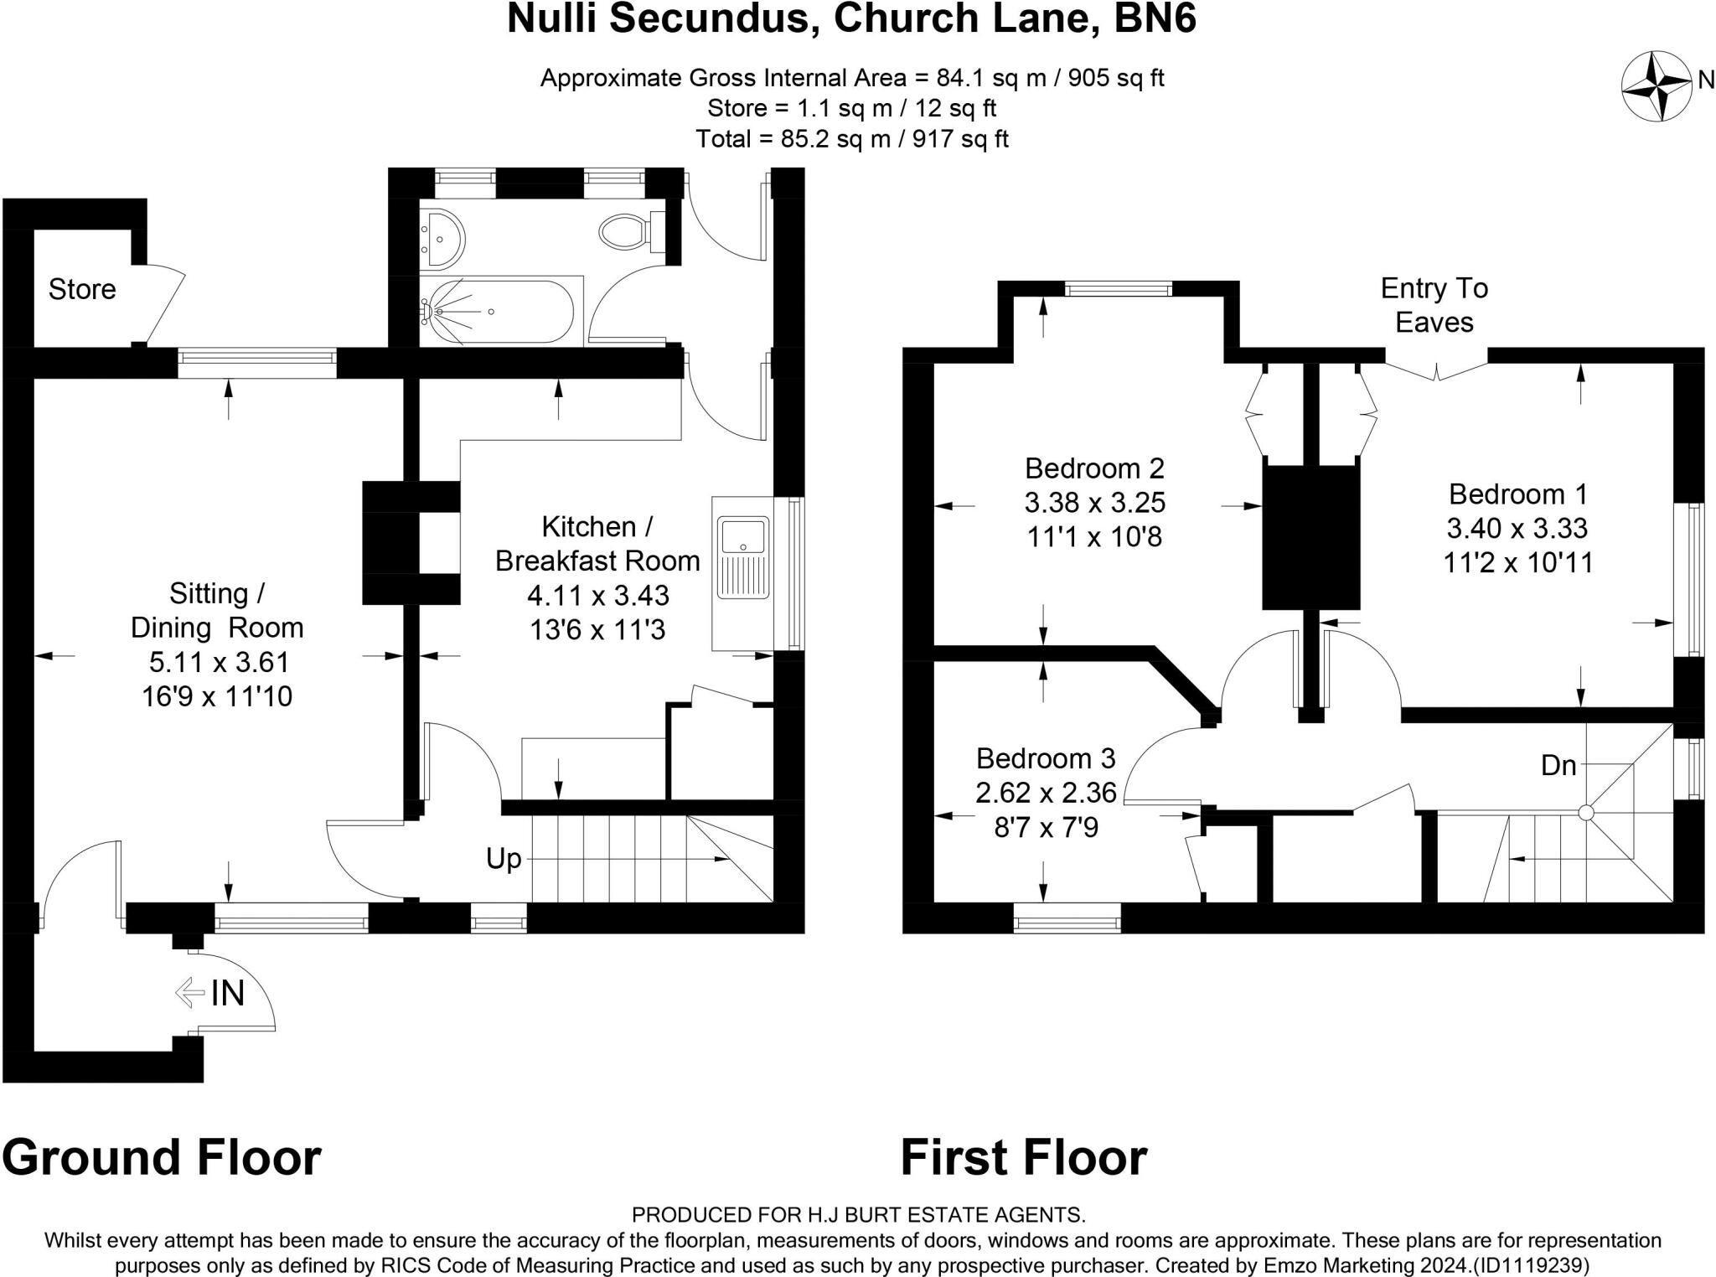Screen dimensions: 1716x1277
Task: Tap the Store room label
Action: [82, 290]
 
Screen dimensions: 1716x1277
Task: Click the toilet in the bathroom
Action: [628, 230]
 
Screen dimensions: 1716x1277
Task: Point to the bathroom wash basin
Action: [442, 238]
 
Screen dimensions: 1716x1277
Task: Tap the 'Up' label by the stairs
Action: [504, 859]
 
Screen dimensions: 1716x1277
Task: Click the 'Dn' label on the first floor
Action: [1558, 765]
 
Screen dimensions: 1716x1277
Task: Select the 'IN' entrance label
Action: [227, 994]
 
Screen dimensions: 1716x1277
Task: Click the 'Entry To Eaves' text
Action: [1434, 306]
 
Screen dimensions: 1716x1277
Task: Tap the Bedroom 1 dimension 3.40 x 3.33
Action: [1517, 529]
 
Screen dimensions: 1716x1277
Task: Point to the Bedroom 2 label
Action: [1094, 468]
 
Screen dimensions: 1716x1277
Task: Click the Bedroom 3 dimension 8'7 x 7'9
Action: [1046, 828]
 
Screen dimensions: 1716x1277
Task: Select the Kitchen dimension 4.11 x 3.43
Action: [598, 596]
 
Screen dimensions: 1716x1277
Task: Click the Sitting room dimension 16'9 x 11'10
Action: [217, 696]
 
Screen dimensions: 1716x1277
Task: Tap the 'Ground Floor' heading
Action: [162, 1158]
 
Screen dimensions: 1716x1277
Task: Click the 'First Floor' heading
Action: [1023, 1158]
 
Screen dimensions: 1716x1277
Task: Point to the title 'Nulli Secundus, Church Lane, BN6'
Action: [851, 19]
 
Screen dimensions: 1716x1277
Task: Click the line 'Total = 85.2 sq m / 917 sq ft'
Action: [851, 139]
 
